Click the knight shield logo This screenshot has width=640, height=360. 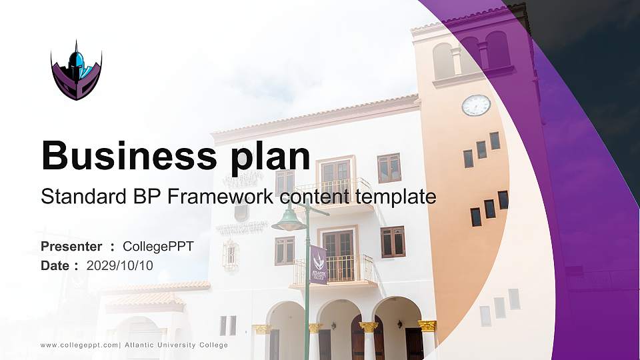click(76, 71)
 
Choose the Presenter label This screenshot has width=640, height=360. click(71, 247)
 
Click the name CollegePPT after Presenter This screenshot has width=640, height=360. click(158, 247)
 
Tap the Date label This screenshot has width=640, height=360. click(55, 265)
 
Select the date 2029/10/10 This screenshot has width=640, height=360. click(120, 265)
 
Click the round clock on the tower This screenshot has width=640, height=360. click(476, 105)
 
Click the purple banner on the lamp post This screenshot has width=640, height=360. click(319, 264)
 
